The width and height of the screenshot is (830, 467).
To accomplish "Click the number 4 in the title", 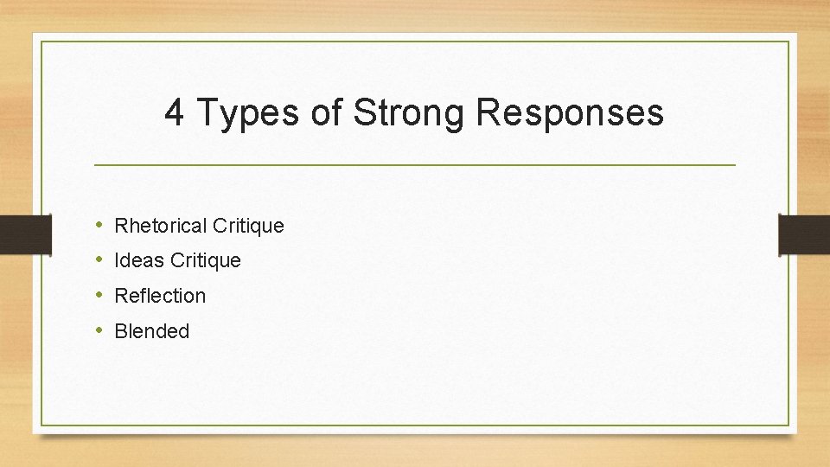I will tap(174, 113).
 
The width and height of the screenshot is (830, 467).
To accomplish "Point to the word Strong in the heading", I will tap(408, 113).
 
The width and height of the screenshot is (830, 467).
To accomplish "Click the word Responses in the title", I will tap(569, 113).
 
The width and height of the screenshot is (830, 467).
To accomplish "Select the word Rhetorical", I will tap(161, 226).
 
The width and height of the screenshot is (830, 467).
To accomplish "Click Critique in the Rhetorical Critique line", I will tap(248, 226).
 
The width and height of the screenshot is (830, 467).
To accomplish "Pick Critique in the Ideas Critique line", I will tap(206, 260).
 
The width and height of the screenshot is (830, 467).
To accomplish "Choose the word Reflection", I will tap(160, 296).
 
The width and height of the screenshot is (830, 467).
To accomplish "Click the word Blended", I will tap(151, 331).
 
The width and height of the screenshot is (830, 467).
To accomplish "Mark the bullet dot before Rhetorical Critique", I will tap(100, 226).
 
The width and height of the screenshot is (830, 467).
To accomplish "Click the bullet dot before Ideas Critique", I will tap(100, 260).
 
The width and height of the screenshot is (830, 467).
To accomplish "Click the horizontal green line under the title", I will tap(415, 164).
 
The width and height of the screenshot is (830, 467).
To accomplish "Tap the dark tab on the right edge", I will tap(804, 233).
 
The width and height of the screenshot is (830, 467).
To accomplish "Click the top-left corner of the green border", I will tap(41, 42).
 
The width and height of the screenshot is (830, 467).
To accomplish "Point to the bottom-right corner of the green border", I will tap(788, 425).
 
